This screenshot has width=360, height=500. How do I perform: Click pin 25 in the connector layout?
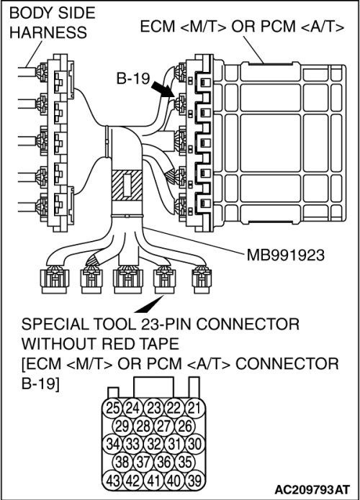[112, 408]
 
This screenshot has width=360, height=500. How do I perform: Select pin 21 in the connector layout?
[194, 408]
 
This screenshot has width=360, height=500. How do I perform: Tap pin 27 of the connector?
[164, 426]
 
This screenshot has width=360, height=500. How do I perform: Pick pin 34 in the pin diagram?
[112, 444]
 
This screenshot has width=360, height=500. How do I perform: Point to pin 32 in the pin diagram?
[153, 444]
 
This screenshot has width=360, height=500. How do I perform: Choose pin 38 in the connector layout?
[122, 462]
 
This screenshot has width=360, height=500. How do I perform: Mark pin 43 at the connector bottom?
[112, 481]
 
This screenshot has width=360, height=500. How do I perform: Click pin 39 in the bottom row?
[194, 481]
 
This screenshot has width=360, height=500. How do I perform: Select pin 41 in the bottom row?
[153, 481]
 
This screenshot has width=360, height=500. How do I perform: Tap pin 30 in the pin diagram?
[194, 444]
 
